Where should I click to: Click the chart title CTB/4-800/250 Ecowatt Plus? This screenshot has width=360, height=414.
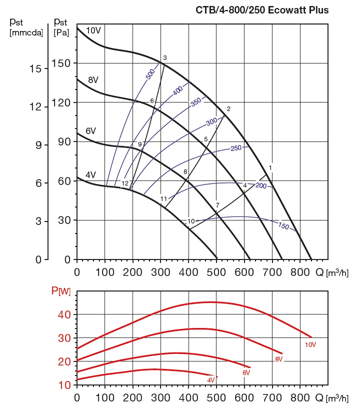[261, 10]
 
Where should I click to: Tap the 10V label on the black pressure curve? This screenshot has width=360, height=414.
[93, 30]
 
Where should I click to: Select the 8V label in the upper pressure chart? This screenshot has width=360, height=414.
[93, 80]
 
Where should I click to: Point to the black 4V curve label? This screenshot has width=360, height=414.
[90, 174]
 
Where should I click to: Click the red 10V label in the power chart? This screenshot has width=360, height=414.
[310, 344]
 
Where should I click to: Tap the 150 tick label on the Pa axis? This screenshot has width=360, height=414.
[62, 63]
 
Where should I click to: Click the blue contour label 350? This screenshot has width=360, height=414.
[195, 101]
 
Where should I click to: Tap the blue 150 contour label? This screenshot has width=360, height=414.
[283, 226]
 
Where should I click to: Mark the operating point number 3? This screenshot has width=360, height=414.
[164, 58]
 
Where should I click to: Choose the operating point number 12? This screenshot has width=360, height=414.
[125, 183]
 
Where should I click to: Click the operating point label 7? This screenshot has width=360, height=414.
[217, 205]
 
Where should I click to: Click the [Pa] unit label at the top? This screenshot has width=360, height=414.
[62, 32]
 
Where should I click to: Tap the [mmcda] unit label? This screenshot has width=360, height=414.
[26, 32]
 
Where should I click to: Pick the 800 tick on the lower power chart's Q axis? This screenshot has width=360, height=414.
[299, 397]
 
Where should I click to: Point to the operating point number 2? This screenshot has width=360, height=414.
[228, 109]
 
